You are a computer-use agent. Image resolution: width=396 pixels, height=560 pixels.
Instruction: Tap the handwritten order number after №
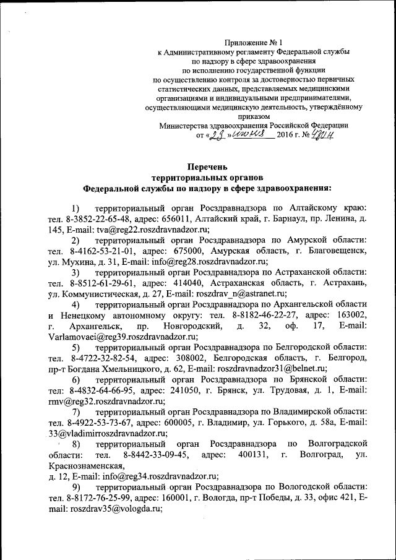322,134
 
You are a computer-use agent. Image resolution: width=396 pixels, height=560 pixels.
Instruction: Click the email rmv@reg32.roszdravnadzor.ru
101,401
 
